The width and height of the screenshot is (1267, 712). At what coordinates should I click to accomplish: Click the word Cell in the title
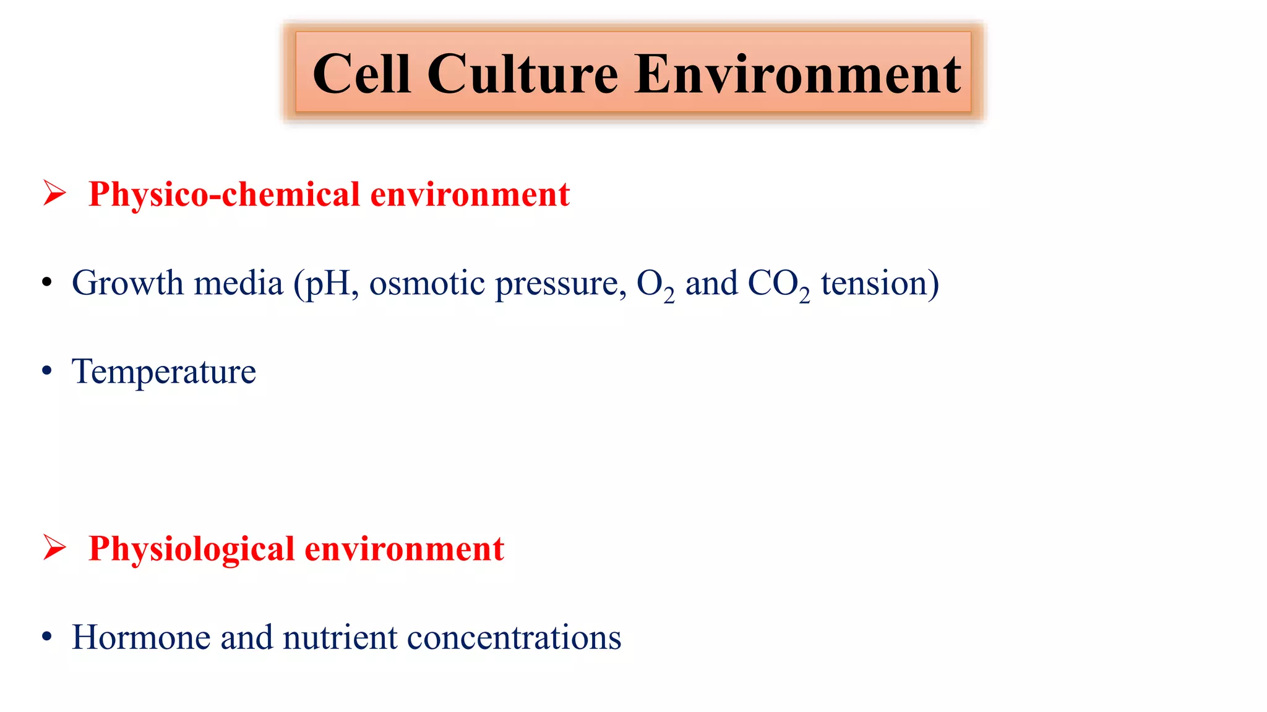click(361, 74)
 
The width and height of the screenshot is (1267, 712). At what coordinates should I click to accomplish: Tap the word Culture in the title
click(523, 74)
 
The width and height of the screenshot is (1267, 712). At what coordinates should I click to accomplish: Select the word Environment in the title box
click(797, 74)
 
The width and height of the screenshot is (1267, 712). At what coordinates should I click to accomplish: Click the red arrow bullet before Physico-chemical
click(54, 193)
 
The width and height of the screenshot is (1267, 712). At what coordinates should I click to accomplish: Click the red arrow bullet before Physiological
click(54, 547)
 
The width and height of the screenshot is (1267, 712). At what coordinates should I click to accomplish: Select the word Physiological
click(191, 549)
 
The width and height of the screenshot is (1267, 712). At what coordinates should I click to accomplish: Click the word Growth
click(127, 284)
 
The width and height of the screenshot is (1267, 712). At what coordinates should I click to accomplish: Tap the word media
click(238, 284)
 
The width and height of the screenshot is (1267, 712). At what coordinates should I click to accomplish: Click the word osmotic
click(427, 284)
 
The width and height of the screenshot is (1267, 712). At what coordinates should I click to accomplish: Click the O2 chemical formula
click(655, 285)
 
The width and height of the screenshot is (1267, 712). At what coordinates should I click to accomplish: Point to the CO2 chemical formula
click(778, 285)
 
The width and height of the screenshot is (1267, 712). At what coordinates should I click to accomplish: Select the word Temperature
click(163, 372)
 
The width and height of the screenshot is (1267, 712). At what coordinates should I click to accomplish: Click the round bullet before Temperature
click(47, 371)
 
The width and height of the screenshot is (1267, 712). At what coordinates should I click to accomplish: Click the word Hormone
click(140, 637)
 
